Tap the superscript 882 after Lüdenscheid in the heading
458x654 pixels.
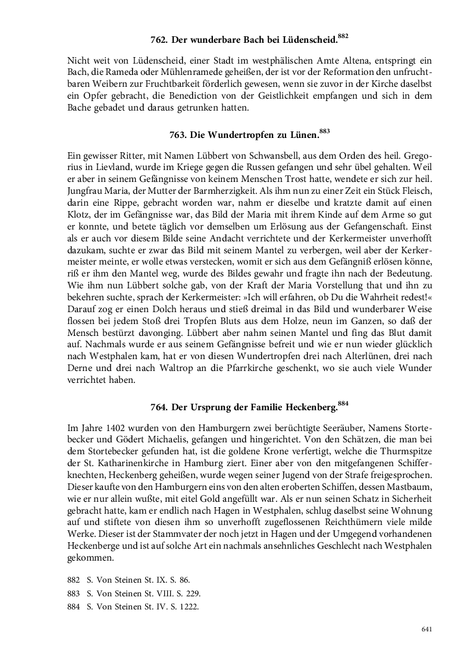point(343,36)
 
